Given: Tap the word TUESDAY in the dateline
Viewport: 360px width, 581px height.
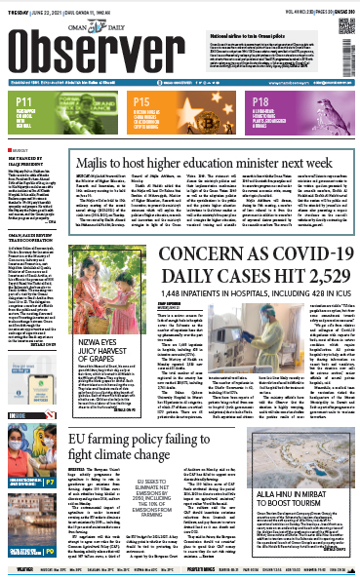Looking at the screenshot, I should (18, 6).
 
